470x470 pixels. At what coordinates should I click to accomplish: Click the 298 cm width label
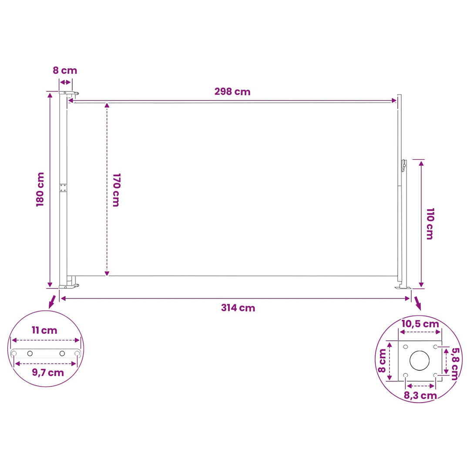[232, 91]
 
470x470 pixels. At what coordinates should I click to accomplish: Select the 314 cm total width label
[238, 308]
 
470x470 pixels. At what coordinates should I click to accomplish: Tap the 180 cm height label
[40, 189]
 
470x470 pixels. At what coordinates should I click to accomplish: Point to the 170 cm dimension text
[116, 190]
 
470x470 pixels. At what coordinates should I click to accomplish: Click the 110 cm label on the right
[430, 224]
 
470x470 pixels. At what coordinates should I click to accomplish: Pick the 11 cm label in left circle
[44, 330]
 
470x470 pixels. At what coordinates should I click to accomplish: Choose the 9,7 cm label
[48, 373]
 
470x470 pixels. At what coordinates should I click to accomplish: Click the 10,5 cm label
[420, 324]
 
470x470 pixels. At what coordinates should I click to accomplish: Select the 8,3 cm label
[420, 395]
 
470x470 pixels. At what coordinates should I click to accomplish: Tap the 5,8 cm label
[455, 363]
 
